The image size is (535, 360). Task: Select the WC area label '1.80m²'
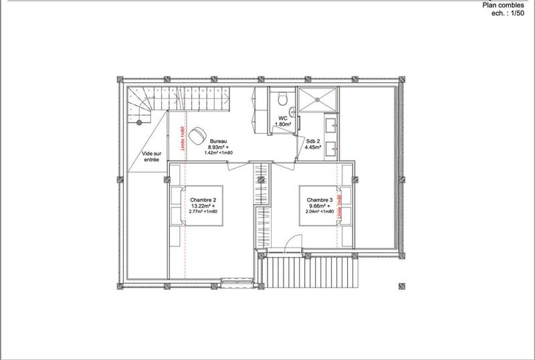coord(284,124)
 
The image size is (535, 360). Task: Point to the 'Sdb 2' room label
coord(314,141)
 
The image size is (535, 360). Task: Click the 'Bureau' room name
coord(219,141)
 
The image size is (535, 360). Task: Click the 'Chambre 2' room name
coord(203,200)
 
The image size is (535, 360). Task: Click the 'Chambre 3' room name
coord(320,200)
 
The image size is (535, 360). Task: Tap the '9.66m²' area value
coord(318,206)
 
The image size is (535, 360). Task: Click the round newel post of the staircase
coord(139,122)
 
